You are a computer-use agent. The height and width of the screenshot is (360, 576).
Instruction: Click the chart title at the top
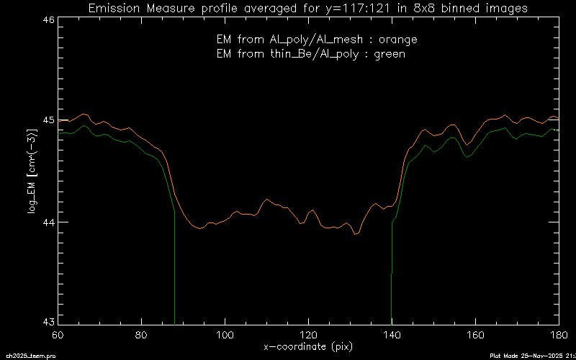click(x=307, y=9)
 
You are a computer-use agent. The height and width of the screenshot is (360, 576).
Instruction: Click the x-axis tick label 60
click(x=58, y=335)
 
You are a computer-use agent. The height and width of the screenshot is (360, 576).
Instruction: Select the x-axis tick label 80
click(x=142, y=335)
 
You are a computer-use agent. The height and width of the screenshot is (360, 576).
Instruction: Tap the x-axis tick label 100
click(x=225, y=335)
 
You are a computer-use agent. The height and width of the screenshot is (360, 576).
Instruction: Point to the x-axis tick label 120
click(x=308, y=335)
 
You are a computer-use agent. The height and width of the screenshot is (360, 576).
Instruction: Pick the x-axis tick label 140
click(x=392, y=335)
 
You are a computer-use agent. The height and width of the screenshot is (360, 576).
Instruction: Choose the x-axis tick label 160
click(x=475, y=335)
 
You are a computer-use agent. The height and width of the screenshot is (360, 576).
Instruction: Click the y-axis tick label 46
click(x=48, y=21)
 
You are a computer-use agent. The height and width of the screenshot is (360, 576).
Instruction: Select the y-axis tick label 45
click(x=48, y=120)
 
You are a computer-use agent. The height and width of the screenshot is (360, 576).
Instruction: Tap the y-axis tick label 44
click(x=48, y=222)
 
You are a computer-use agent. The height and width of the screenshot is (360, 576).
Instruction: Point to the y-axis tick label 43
click(x=48, y=320)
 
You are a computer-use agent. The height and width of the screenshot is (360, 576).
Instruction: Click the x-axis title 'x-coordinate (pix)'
click(x=307, y=346)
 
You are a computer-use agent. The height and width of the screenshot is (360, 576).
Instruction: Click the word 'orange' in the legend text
click(x=399, y=39)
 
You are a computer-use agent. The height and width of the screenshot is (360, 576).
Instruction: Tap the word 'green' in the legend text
click(x=390, y=53)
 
